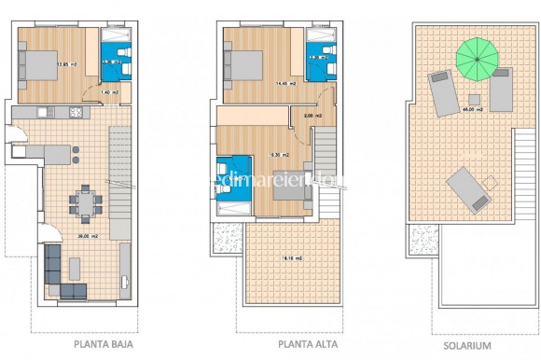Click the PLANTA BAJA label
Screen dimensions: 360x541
(x=104, y=343)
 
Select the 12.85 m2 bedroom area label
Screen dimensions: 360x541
(x=65, y=64)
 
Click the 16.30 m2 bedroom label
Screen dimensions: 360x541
(x=278, y=155)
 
